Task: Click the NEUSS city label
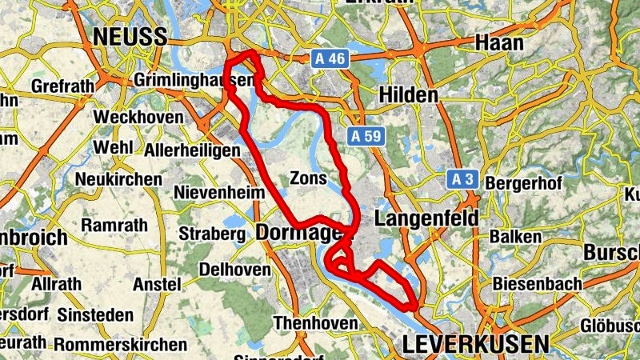pos(130,37)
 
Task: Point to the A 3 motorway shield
pos(462,179)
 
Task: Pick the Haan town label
pos(500,42)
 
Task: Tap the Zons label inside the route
pos(309,178)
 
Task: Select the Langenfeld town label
pos(426,218)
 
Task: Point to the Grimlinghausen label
pos(194,82)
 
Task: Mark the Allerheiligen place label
pos(193,150)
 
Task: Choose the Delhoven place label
pos(234,270)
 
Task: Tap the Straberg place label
pos(211,234)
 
